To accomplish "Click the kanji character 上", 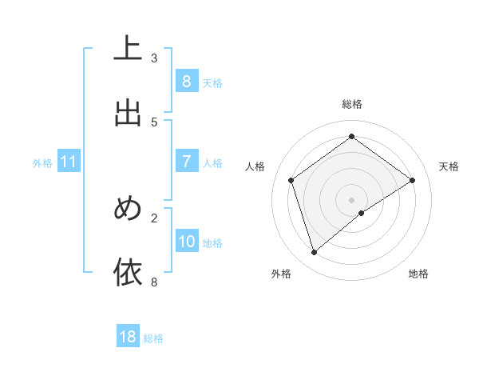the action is (128, 49).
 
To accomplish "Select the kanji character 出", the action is (128, 113).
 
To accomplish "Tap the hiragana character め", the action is (128, 209).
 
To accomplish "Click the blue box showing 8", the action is (186, 82).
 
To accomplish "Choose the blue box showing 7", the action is (186, 162).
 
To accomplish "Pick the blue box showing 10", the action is (187, 242).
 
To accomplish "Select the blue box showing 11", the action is (69, 162).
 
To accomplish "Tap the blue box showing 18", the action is (128, 337).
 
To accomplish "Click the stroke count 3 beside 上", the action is (154, 58).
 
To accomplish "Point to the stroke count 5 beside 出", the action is (154, 122).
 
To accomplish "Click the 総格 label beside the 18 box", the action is (153, 338).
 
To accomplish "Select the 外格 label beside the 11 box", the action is (42, 163).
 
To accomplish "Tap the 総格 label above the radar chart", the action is (352, 104).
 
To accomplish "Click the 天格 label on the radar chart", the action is (449, 166).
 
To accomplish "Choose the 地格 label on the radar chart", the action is (418, 274).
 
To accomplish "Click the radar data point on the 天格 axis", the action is (412, 180).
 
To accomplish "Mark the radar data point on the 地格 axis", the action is (362, 213).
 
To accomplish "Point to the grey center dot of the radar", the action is (351, 199).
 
